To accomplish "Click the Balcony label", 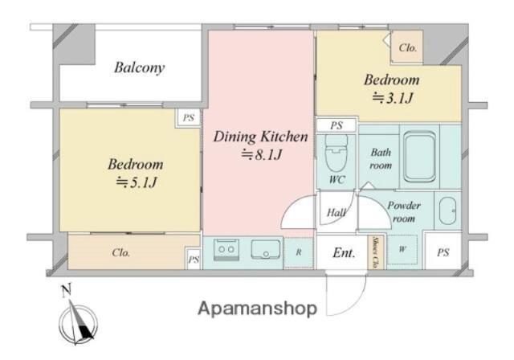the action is (139, 68).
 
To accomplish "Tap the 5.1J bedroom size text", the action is (137, 182).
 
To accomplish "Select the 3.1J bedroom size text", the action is (393, 98).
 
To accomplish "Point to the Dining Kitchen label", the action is (260, 137).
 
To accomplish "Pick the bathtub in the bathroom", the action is (419, 157).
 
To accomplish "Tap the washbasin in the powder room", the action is (447, 211).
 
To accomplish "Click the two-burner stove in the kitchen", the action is (226, 250).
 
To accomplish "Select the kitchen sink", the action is (266, 249).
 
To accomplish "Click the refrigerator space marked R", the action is (299, 252).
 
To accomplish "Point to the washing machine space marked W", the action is (402, 249).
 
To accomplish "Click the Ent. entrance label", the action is (344, 253).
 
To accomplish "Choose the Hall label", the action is (337, 213).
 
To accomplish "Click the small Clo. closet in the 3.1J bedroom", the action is (407, 47).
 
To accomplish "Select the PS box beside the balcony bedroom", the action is (189, 117).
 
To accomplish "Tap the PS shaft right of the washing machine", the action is (443, 252).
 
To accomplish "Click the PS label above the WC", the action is (337, 125).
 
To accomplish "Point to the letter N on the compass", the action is (67, 291).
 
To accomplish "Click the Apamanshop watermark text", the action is (257, 309).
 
